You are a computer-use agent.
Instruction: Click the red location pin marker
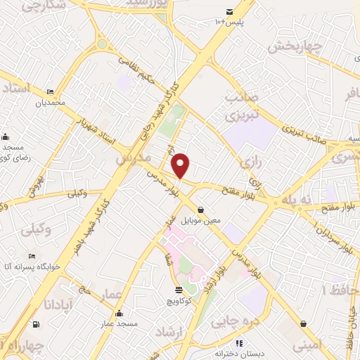pyautogui.click(x=181, y=166)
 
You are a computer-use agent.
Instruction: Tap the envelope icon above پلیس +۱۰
pyautogui.click(x=230, y=11)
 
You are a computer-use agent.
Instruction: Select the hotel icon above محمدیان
pyautogui.click(x=50, y=91)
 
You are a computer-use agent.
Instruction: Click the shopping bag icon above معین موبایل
pyautogui.click(x=202, y=210)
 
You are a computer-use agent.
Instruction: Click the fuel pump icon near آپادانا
pyautogui.click(x=36, y=324)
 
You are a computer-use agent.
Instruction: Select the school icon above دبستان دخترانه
pyautogui.click(x=238, y=343)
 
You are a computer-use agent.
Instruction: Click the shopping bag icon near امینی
pyautogui.click(x=302, y=323)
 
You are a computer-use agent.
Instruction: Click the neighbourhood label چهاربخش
pyautogui.click(x=295, y=47)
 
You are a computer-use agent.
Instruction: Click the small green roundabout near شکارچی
pyautogui.click(x=102, y=44)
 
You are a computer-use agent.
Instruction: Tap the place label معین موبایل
pyautogui.click(x=201, y=220)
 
